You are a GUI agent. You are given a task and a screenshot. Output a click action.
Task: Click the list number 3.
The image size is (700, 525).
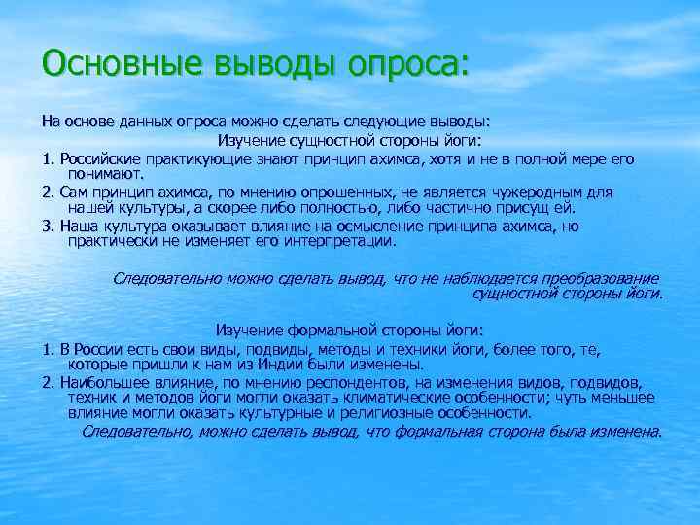click(x=47, y=227)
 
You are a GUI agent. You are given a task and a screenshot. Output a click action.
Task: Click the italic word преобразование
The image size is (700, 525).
click(x=592, y=278)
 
